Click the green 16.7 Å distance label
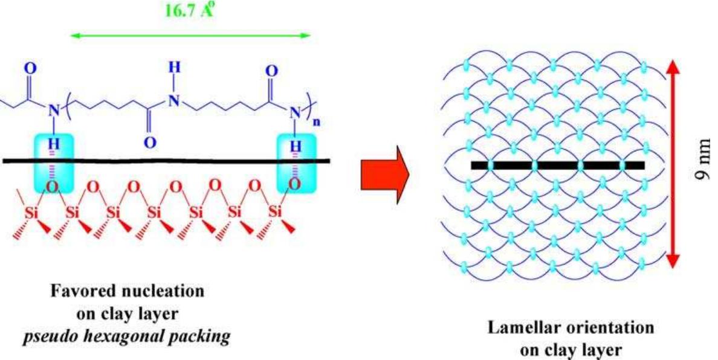[189, 12]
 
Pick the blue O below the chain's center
[149, 143]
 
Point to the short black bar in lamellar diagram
[557, 165]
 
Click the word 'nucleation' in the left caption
[169, 292]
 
